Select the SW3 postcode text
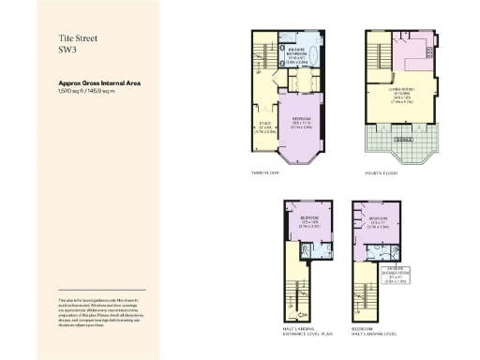67,52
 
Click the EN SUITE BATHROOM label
297,55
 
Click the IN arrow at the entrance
301,312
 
